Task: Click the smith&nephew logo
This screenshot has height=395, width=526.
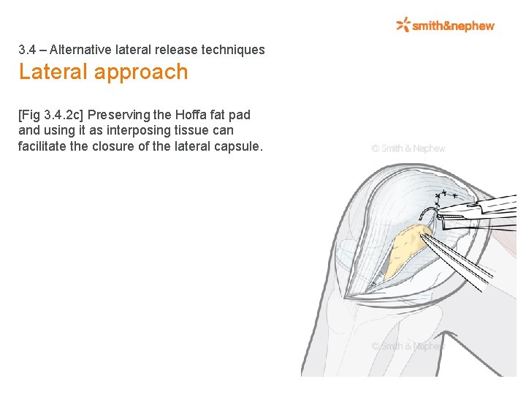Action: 445,26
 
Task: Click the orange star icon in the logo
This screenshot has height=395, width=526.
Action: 403,25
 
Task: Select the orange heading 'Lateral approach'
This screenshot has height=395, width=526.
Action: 103,72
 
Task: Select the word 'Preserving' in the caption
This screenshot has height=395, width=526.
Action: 115,115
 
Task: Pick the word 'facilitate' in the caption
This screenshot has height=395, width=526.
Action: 43,146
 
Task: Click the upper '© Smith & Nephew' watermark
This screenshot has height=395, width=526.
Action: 408,148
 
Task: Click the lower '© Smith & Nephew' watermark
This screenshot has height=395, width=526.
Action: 406,346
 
